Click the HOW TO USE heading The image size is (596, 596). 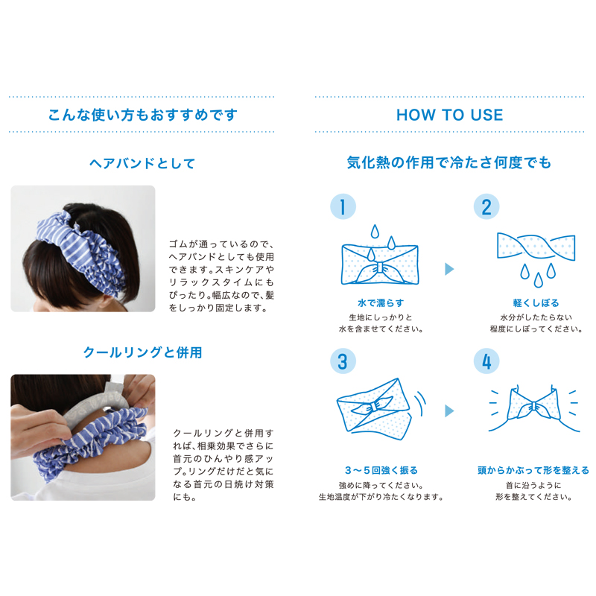point(450,115)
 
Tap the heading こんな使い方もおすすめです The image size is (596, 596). point(143,115)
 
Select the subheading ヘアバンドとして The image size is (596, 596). point(142,163)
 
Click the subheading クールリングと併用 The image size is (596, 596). point(142,352)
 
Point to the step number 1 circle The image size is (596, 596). point(343,207)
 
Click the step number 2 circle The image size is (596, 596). point(486,207)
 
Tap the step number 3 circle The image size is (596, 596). point(343,361)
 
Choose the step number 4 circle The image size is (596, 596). point(486,361)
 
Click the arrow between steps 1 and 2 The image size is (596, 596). point(449,269)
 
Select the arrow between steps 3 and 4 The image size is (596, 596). point(449,411)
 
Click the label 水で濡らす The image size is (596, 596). point(381,303)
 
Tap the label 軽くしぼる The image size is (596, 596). point(536,303)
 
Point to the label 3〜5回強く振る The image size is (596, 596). point(381,470)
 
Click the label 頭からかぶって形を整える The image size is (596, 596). point(533,470)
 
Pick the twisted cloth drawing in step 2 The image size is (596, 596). point(536,247)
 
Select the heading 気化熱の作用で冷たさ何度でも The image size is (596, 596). point(449,162)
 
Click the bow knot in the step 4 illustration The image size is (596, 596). point(534,407)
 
